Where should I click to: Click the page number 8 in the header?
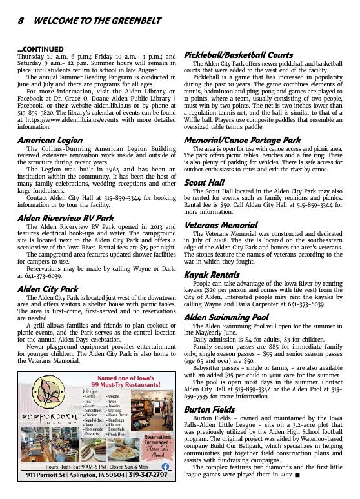click(x=21, y=20)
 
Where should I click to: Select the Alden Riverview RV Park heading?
click(x=66, y=218)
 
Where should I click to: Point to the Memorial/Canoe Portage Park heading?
click(x=243, y=139)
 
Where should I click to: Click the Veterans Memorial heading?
click(x=221, y=225)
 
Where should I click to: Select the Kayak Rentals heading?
click(x=212, y=275)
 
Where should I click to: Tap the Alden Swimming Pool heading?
click(x=226, y=317)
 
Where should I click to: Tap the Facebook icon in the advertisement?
click(x=165, y=466)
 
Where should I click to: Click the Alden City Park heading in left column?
click(x=48, y=288)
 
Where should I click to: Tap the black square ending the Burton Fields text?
click(x=297, y=476)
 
